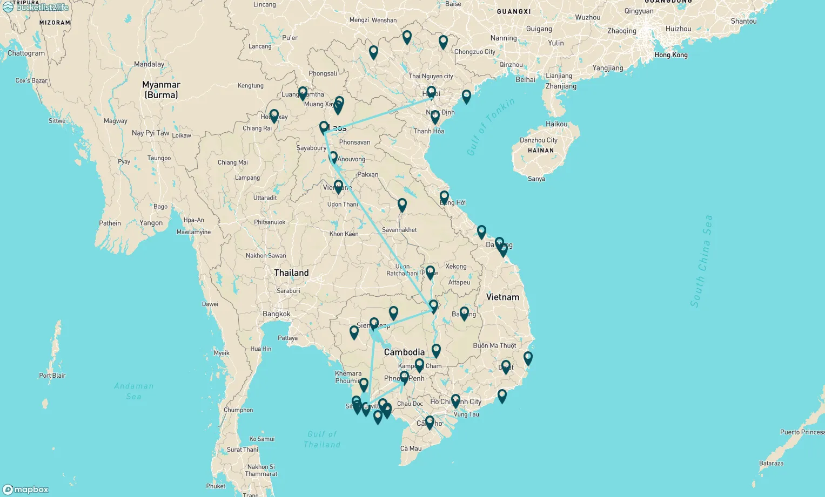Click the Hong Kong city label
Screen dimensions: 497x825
(670, 55)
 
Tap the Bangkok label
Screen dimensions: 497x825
(276, 314)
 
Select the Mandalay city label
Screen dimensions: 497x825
(149, 64)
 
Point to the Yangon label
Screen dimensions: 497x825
(151, 223)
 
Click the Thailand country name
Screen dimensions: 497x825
(291, 273)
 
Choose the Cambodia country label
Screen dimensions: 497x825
(404, 352)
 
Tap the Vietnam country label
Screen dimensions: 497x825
(502, 297)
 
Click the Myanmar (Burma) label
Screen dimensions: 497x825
(161, 90)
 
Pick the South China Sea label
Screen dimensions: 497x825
(701, 261)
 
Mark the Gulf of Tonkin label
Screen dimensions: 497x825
(490, 127)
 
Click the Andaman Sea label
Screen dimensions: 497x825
(133, 391)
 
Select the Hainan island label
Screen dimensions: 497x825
(540, 151)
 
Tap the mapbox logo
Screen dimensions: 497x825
(26, 489)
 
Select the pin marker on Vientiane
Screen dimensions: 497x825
(338, 187)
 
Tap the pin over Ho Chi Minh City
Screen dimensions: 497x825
(455, 400)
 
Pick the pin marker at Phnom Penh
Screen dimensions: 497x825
(404, 377)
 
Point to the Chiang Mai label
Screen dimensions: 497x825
(232, 162)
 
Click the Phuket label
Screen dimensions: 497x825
(216, 486)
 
